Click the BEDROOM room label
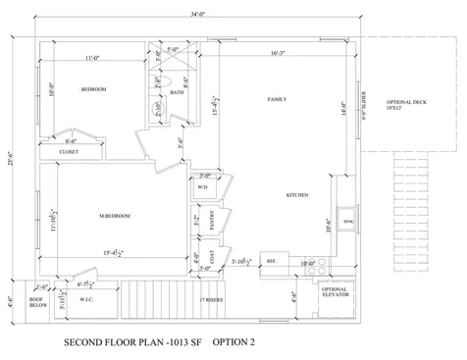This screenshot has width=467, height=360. click(94, 89)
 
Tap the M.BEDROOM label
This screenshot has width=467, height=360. click(115, 215)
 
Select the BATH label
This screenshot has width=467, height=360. click(177, 93)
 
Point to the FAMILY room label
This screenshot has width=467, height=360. click(277, 99)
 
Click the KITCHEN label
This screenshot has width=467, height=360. click(297, 194)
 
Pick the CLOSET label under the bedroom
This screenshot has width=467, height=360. click(69, 152)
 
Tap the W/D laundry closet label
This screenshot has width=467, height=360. click(202, 186)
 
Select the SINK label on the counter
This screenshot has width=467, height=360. click(348, 223)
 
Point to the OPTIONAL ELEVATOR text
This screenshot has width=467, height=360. click(336, 292)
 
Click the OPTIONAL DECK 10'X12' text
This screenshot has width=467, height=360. click(405, 105)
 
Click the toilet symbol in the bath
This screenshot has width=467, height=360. click(166, 81)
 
